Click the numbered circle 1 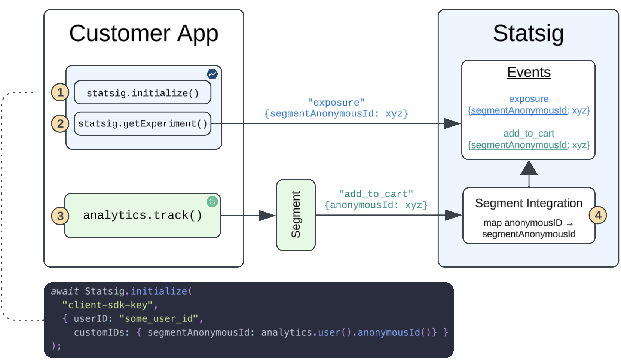pyautogui.click(x=60, y=92)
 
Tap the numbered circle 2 pyautogui.click(x=60, y=123)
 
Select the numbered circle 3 pyautogui.click(x=60, y=216)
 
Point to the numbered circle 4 pyautogui.click(x=597, y=215)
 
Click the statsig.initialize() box pyautogui.click(x=143, y=93)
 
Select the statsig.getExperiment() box pyautogui.click(x=143, y=124)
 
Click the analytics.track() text pyautogui.click(x=143, y=215)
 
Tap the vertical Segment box pyautogui.click(x=296, y=215)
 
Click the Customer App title pyautogui.click(x=144, y=33)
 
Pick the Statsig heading pyautogui.click(x=528, y=33)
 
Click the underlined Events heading pyautogui.click(x=529, y=72)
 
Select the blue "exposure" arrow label pyautogui.click(x=336, y=103)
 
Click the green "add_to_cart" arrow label pyautogui.click(x=376, y=194)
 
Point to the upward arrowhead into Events pyautogui.click(x=529, y=168)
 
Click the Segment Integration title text pyautogui.click(x=529, y=203)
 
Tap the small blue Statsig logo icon pyautogui.click(x=212, y=74)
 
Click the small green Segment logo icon pyautogui.click(x=212, y=202)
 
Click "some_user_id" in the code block pyautogui.click(x=158, y=319)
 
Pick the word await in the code pyautogui.click(x=65, y=291)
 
